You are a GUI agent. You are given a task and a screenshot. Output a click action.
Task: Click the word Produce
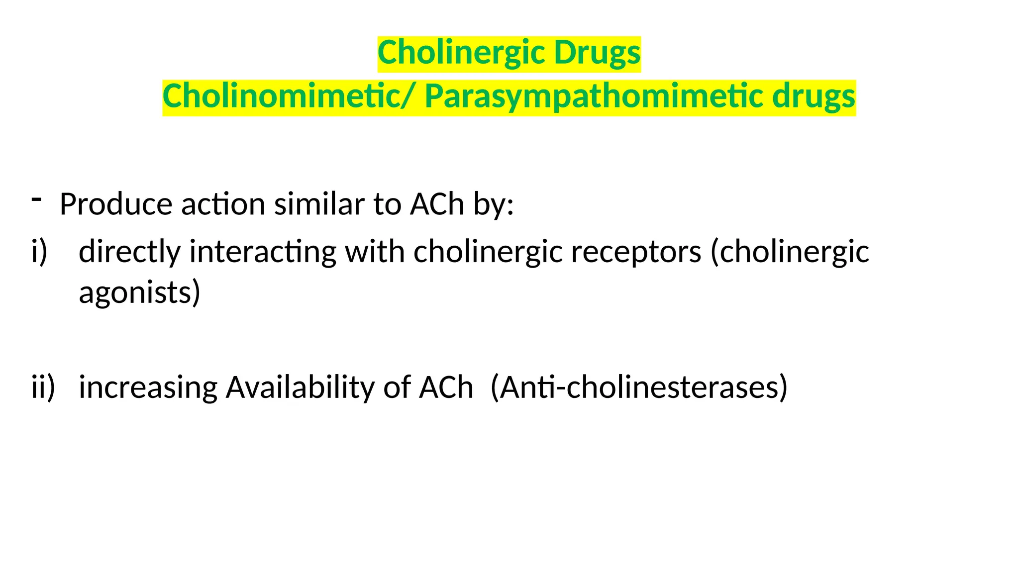tap(115, 204)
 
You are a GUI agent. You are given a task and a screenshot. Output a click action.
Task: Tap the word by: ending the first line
tap(493, 204)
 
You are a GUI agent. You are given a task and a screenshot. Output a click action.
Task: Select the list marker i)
tap(39, 251)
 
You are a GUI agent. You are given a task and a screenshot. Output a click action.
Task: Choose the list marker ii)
tap(43, 387)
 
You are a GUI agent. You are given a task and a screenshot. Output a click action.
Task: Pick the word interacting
tap(263, 252)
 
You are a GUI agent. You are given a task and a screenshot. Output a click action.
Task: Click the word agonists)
tap(139, 292)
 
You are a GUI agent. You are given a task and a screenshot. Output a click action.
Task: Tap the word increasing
tap(148, 387)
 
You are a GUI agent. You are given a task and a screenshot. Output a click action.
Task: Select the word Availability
tap(300, 387)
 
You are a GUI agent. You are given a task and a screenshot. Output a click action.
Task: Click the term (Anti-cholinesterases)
tap(639, 387)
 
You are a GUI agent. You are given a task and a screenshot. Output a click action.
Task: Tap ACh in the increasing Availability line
tap(446, 387)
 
